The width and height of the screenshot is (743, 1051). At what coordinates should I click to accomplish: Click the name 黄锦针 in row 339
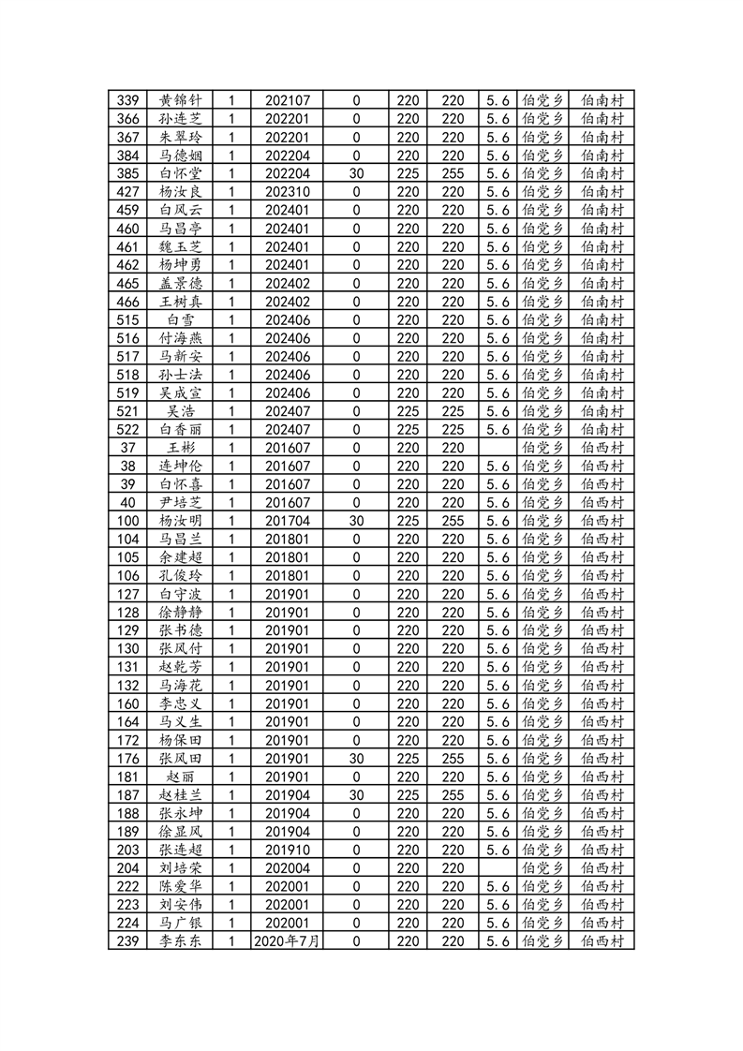pos(180,100)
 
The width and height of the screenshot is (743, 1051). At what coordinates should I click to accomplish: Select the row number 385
pos(129,173)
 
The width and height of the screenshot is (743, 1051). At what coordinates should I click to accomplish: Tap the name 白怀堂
pos(180,173)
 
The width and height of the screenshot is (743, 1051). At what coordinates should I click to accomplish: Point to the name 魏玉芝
pos(180,246)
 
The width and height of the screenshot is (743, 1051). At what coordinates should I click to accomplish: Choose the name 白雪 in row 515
pos(180,319)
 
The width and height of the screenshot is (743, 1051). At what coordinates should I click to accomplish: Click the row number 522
pos(129,429)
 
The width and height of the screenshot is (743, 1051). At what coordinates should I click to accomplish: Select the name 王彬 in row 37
pos(180,448)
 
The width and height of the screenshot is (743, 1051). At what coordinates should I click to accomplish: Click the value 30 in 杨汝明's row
pos(356,521)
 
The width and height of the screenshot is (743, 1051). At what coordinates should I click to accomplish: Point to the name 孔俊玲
pos(180,575)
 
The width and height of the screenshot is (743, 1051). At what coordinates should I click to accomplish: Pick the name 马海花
pos(180,685)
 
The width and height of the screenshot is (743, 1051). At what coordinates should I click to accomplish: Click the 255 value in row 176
pos(453,758)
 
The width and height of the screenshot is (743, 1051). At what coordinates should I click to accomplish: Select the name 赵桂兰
pos(180,794)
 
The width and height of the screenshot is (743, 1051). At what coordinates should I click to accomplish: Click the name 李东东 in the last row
pos(180,940)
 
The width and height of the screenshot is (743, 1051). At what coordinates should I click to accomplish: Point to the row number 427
pos(129,192)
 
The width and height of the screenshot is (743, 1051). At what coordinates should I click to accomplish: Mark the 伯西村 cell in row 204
pos(602,867)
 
